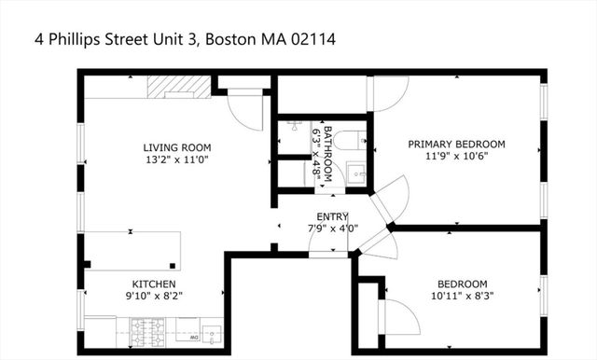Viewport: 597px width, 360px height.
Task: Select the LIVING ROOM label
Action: coord(176,147)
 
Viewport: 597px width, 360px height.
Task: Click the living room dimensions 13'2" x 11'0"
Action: coord(176,160)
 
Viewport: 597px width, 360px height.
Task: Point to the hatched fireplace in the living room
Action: coord(178,86)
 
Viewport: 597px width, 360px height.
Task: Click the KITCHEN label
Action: coord(154,284)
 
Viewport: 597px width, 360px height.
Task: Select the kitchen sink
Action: coord(211,333)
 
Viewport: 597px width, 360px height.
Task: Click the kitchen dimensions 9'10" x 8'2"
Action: coord(154,297)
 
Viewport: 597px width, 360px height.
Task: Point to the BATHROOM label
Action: coord(327,151)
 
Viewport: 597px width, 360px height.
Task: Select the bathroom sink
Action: coord(356,173)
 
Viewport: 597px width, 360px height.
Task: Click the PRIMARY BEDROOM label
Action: coord(456,144)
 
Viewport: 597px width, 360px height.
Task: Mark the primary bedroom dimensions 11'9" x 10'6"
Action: coord(456,157)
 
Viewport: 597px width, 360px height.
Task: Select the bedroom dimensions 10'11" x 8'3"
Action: coord(462,297)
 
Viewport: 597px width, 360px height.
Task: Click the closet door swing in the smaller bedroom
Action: coord(396,317)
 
